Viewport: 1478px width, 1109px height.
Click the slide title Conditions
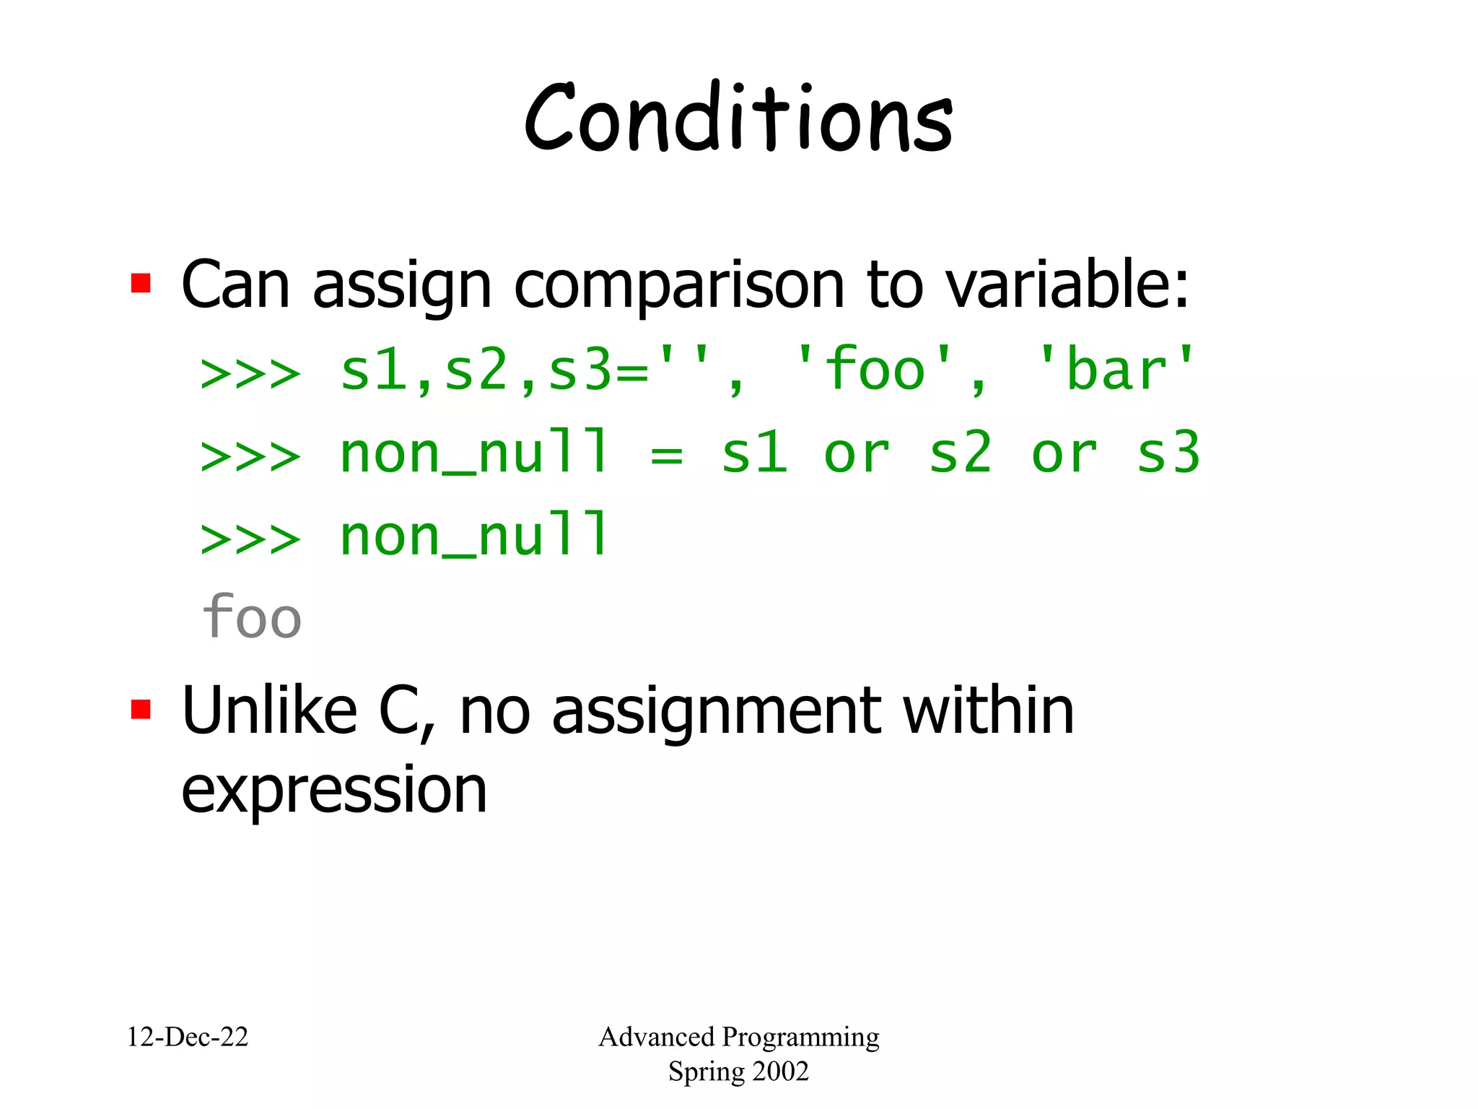[x=738, y=119]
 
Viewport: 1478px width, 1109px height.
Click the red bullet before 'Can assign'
[x=141, y=283]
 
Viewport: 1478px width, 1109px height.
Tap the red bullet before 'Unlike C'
[x=141, y=709]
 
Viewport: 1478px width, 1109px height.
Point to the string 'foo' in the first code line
[x=875, y=370]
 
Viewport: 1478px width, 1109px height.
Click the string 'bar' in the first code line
[x=1116, y=370]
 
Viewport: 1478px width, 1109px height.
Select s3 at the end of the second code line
[x=1168, y=453]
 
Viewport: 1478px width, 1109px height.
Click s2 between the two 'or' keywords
[x=960, y=453]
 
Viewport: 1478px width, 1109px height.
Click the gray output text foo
[x=251, y=618]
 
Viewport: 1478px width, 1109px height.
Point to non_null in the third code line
[x=473, y=536]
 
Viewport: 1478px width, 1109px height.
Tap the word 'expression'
[x=333, y=791]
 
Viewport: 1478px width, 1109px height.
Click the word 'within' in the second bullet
[x=989, y=711]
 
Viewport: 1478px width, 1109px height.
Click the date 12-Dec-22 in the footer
[x=188, y=1037]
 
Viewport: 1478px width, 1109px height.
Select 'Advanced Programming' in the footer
[x=738, y=1037]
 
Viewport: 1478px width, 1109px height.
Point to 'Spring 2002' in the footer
[x=738, y=1071]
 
